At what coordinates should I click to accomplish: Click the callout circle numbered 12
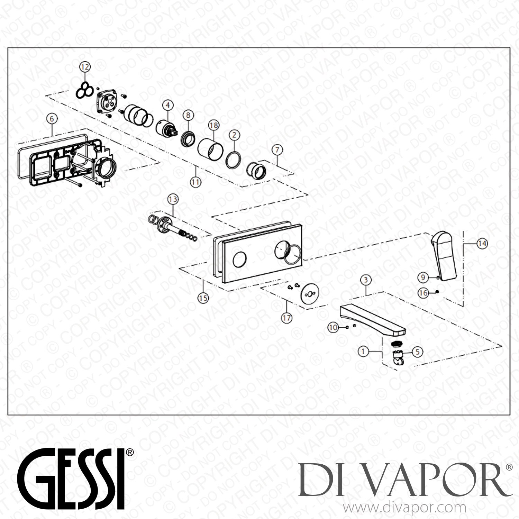(x=85, y=66)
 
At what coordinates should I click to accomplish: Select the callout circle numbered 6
(x=52, y=119)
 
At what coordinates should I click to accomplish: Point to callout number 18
(x=213, y=125)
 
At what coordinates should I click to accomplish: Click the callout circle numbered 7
(x=277, y=150)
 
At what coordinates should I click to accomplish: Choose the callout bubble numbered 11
(x=196, y=182)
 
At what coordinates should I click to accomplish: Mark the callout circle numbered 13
(x=173, y=199)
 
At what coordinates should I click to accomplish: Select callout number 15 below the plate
(x=203, y=298)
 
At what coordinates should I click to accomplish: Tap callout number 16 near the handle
(x=423, y=293)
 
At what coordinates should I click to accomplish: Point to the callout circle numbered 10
(x=333, y=327)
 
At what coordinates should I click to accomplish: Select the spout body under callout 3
(x=372, y=319)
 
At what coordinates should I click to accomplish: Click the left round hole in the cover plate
(x=239, y=259)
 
